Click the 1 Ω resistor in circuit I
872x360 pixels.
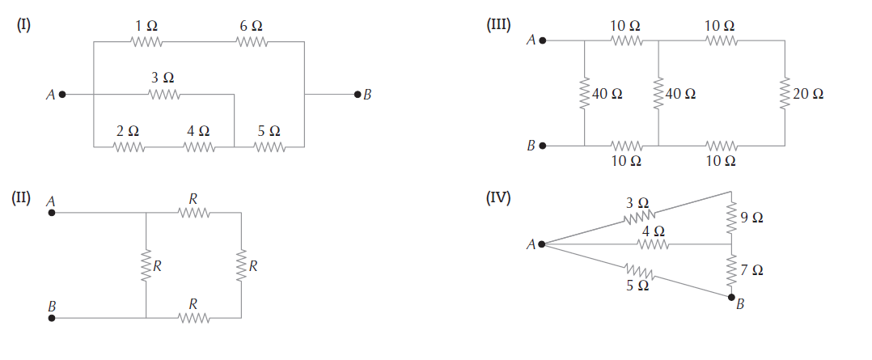(146, 41)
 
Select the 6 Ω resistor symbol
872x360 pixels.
(251, 41)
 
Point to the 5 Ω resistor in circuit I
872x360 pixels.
(269, 147)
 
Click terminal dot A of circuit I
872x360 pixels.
(62, 95)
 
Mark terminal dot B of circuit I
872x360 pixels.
(357, 95)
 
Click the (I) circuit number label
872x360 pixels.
(23, 24)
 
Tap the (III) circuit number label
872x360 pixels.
(497, 24)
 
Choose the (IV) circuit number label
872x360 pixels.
(497, 197)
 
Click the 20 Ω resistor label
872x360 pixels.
(808, 94)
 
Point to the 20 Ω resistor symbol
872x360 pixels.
(784, 93)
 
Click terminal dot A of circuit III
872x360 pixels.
(543, 40)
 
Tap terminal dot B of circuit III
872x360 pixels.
(543, 146)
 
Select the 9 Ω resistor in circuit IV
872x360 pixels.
(731, 217)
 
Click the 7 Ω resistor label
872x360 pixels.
(751, 269)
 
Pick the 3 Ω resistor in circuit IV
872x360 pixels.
(638, 217)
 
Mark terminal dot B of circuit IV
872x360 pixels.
(731, 297)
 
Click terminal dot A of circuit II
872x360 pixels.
(52, 213)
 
